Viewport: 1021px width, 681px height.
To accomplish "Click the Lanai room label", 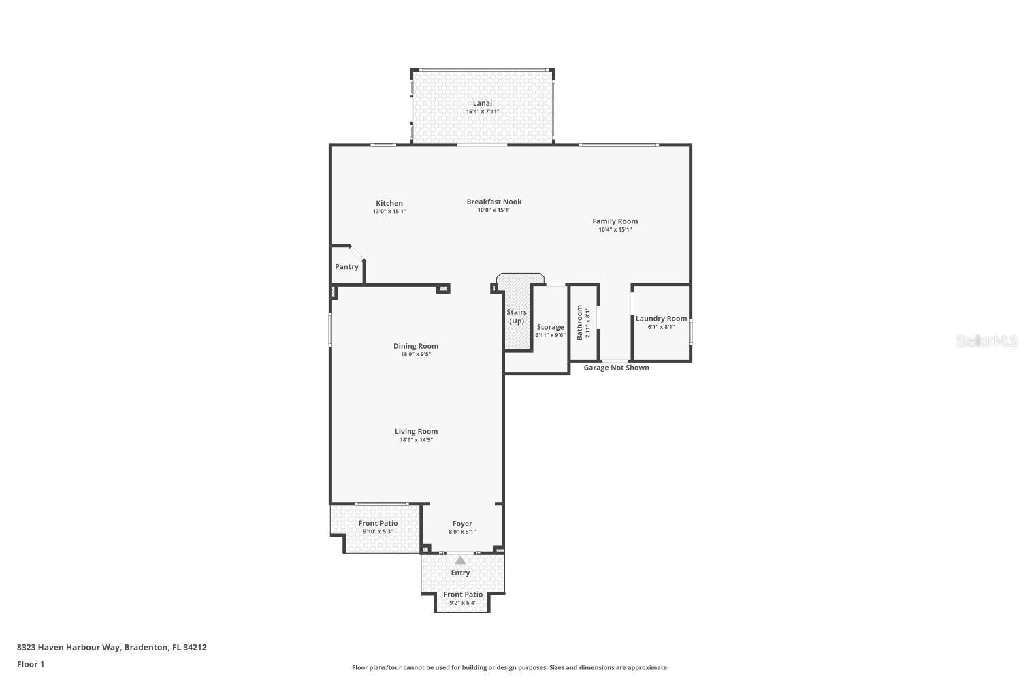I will point(483,104).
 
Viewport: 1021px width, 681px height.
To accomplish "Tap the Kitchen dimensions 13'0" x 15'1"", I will point(389,212).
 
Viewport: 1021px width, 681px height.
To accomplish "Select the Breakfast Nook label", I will point(494,202).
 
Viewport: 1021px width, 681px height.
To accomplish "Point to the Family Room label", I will point(615,221).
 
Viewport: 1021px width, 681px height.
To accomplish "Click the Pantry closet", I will point(346,267).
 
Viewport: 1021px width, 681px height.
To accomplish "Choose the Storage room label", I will point(550,327).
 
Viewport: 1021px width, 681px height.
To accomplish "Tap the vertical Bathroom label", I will point(580,322).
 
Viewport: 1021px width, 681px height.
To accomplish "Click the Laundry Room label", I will point(661,319).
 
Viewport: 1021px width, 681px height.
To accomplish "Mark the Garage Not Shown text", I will point(616,368).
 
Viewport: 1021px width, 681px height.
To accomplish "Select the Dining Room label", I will point(416,346).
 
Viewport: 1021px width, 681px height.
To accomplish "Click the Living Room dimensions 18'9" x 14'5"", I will point(416,440).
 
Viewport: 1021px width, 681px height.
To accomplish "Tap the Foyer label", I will point(462,524).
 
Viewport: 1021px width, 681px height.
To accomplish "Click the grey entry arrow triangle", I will point(461,560).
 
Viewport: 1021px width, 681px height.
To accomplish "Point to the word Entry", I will point(461,573).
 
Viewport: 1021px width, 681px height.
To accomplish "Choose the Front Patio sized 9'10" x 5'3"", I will point(378,527).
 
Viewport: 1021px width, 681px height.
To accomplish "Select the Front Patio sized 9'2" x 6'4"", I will point(463,598).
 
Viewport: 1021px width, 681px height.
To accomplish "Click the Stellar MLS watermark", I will point(986,341).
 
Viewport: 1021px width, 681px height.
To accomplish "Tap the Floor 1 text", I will point(31,664).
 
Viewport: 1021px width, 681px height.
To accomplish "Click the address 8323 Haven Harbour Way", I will point(68,647).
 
